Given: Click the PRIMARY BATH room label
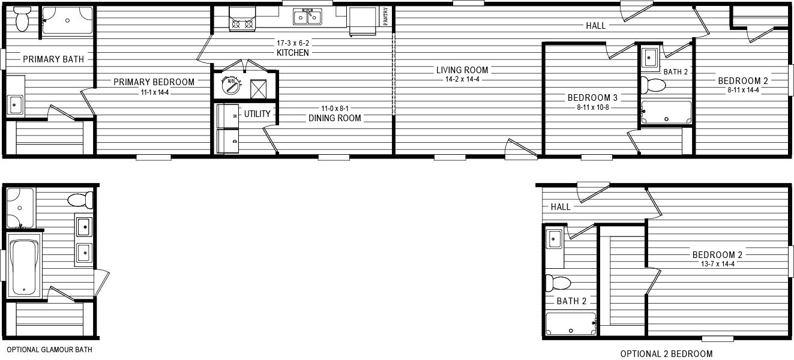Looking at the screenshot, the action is [53, 59].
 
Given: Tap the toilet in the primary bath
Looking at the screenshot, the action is [23, 19].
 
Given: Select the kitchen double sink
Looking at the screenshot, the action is [307, 17].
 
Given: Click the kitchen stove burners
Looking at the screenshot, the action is [242, 24].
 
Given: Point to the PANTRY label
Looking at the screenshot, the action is [385, 16].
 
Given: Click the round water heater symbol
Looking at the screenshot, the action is [230, 85].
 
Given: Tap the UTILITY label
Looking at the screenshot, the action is [257, 114].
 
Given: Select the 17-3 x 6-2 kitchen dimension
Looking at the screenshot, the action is [293, 43].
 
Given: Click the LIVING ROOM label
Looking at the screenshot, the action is [462, 70].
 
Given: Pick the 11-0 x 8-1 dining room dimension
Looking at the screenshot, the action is [335, 109].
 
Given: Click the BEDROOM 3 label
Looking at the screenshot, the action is [592, 98].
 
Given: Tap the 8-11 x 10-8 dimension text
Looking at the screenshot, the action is [593, 107].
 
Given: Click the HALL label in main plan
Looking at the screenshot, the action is [595, 26].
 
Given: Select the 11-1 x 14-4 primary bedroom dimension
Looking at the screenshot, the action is [154, 92].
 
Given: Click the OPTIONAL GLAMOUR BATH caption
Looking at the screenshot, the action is [50, 350].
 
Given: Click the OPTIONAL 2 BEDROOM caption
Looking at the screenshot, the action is [666, 353].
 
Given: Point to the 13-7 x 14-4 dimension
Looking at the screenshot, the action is [717, 263].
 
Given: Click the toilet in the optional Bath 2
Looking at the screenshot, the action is [557, 283].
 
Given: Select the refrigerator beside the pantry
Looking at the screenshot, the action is [363, 21].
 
